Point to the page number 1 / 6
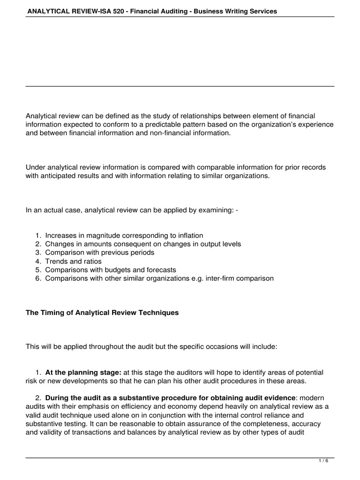coord(323,461)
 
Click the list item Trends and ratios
coord(73,261)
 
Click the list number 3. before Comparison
coord(38,253)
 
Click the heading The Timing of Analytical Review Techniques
coord(102,313)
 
